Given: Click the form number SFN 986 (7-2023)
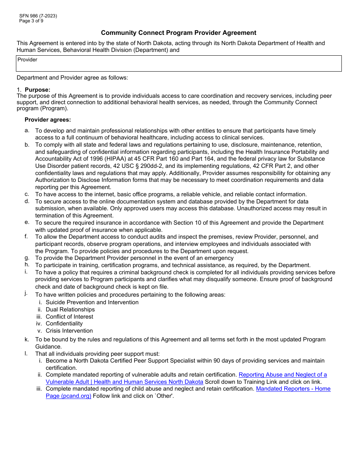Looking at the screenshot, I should click(x=38, y=16).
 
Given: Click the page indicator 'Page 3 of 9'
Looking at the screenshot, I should click(x=31, y=21).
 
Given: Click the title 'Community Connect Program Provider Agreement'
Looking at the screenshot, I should click(x=178, y=33).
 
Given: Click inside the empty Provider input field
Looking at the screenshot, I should click(x=178, y=66).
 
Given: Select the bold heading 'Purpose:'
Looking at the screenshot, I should click(x=38, y=90).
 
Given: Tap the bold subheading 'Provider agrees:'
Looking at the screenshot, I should click(x=48, y=120).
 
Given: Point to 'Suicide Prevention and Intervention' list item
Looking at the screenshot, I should click(x=92, y=302).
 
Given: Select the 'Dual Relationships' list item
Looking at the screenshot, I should click(x=70, y=310).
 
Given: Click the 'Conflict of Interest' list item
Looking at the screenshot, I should click(x=69, y=317).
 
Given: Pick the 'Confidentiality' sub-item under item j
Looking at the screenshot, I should click(x=64, y=324).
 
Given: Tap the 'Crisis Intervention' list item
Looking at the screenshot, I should click(x=69, y=331).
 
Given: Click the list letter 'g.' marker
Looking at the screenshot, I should click(x=27, y=258).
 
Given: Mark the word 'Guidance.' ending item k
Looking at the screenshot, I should click(x=48, y=347).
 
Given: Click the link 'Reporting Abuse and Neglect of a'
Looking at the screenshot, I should click(x=282, y=375).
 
